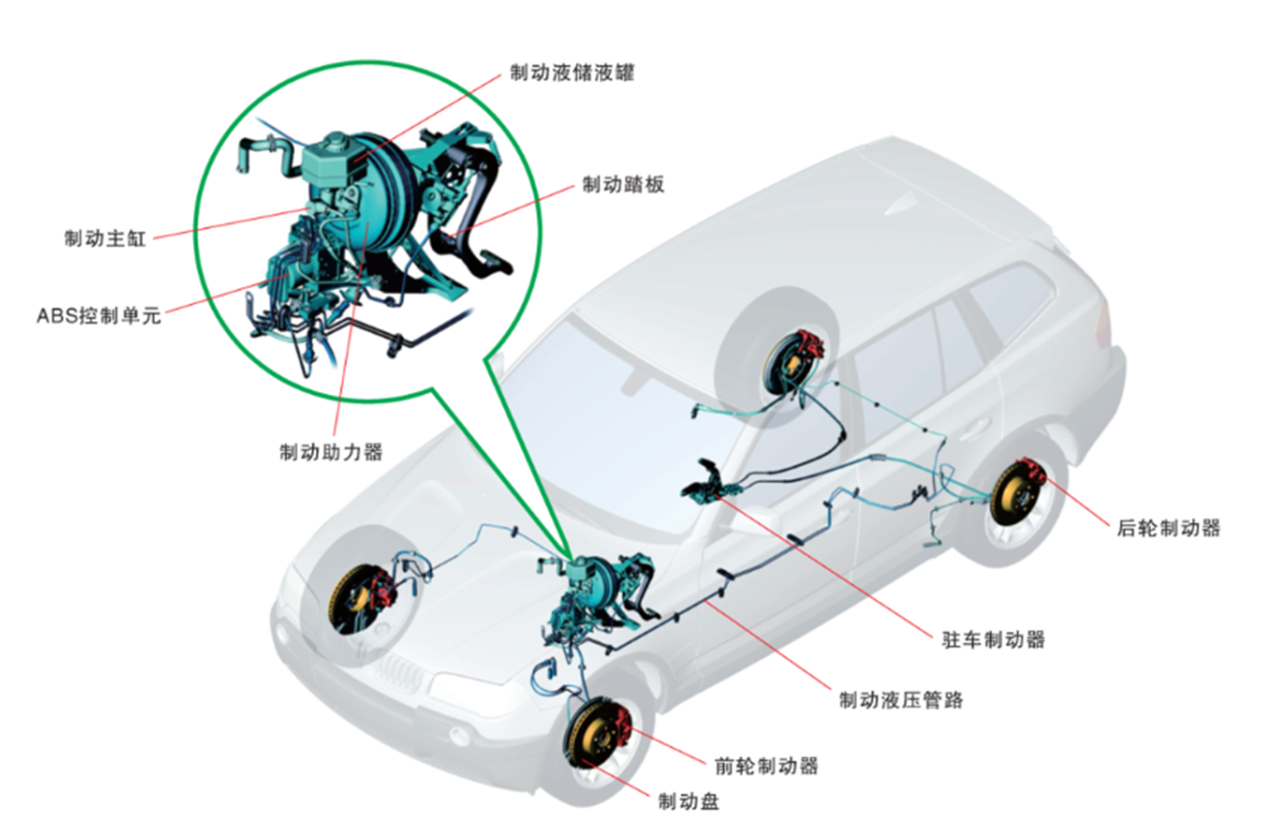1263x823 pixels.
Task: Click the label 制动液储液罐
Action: tap(571, 73)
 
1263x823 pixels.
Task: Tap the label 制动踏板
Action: tap(623, 185)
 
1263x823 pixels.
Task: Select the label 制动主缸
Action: tap(104, 239)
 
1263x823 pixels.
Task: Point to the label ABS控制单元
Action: tap(98, 314)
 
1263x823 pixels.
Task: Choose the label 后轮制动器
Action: tap(1168, 527)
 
